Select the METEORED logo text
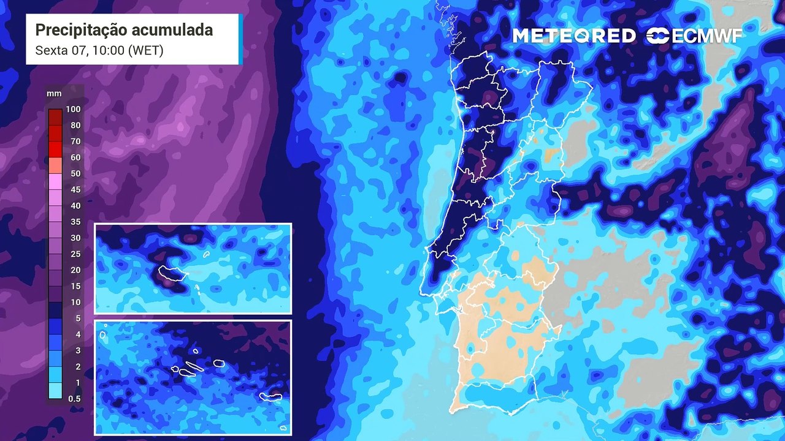coord(574,36)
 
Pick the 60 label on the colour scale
coord(75,157)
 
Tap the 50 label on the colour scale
coord(75,173)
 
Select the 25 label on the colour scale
coord(75,254)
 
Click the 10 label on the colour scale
coord(75,302)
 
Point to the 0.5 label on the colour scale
coord(74,398)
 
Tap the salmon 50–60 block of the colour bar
coord(55,165)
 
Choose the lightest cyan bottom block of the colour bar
coord(55,391)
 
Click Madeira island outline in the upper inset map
coord(172,273)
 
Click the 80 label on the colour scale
coord(75,126)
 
